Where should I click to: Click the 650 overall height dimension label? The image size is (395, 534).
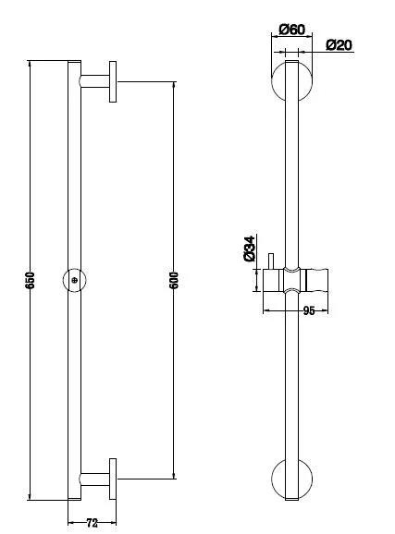click(30, 278)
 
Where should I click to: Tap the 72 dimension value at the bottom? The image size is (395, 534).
click(91, 523)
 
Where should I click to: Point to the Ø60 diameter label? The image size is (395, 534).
click(291, 30)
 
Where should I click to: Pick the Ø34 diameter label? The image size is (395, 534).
click(249, 250)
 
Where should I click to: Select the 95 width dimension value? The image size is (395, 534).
click(309, 311)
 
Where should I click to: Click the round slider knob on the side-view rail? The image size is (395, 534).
click(74, 279)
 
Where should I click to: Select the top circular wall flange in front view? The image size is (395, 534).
click(291, 81)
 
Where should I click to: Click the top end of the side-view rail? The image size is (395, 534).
click(74, 63)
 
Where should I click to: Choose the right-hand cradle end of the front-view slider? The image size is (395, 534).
click(323, 279)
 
